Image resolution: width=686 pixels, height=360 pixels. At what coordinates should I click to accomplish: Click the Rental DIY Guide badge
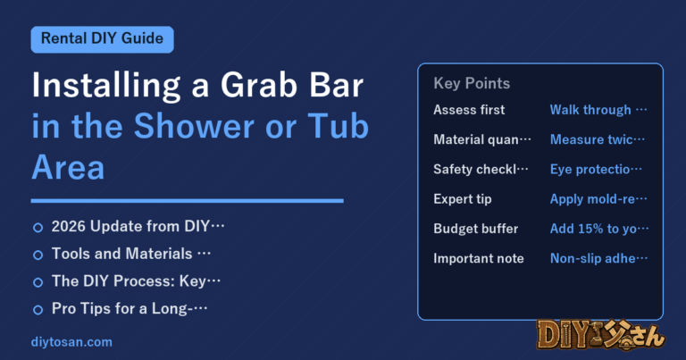tap(103, 39)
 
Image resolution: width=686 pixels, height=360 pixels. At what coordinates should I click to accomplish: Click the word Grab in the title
tap(259, 85)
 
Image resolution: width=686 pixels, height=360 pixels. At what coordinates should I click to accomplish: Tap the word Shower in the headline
tap(194, 127)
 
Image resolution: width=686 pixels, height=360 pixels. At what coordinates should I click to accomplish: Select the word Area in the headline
tap(68, 168)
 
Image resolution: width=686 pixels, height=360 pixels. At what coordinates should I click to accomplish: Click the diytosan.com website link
tap(71, 342)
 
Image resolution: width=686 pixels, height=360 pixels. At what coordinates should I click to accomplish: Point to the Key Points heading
tap(472, 83)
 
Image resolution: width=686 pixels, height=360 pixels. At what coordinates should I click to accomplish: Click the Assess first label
tap(469, 110)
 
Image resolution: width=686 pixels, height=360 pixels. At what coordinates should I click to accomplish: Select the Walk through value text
tap(598, 110)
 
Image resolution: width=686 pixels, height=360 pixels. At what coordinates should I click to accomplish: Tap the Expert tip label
tap(463, 199)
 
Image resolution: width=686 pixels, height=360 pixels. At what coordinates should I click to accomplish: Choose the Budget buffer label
tap(475, 229)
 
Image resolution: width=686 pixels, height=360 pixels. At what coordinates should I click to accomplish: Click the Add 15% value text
tap(599, 229)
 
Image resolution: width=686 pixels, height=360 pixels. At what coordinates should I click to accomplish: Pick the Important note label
tap(479, 258)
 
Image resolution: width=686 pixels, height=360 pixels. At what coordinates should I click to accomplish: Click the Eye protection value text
tap(596, 170)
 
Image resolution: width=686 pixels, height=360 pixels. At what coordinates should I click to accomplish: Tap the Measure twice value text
tap(598, 139)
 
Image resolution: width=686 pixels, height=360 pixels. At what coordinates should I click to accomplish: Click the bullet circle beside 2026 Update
tap(38, 228)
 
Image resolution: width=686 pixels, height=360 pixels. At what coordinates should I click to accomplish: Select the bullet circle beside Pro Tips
tap(38, 310)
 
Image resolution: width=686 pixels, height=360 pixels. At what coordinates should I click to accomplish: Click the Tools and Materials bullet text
tap(131, 254)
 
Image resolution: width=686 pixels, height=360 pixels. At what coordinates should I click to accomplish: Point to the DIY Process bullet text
tap(136, 281)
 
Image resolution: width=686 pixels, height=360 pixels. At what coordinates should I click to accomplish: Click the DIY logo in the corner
tap(600, 336)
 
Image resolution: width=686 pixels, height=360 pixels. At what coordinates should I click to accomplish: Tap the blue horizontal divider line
tap(188, 201)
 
